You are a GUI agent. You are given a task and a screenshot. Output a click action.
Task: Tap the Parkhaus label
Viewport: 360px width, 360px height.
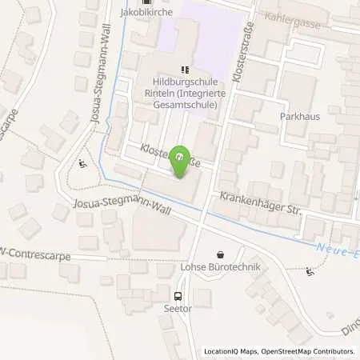301,116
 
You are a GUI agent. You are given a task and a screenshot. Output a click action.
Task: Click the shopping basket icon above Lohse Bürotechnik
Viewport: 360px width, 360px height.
220,254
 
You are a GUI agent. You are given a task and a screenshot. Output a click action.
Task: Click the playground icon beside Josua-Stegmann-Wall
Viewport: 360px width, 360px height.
84,166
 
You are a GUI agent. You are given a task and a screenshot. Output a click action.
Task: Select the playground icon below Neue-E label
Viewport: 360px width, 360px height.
310,272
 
